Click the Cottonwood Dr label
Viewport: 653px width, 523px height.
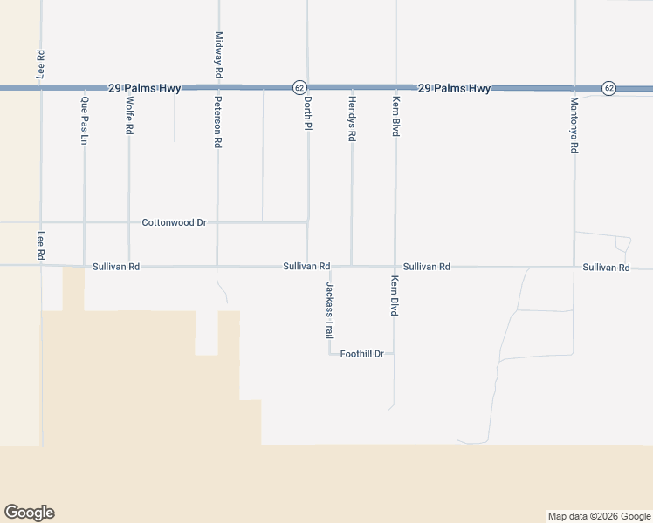(x=174, y=223)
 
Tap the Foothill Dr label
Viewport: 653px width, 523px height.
(x=362, y=354)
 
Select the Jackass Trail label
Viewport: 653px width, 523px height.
(x=330, y=310)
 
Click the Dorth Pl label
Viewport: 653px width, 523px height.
(x=307, y=114)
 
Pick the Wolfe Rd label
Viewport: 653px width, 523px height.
(x=129, y=115)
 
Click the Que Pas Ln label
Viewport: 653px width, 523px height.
(x=84, y=121)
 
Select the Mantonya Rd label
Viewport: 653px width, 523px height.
(x=574, y=125)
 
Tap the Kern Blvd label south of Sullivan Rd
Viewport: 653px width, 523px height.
(x=395, y=296)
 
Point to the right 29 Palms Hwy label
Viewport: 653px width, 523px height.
(x=454, y=88)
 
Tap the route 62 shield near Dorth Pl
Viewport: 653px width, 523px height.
(x=299, y=88)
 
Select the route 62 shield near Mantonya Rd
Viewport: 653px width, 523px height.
(x=608, y=88)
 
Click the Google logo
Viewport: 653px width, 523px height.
(x=29, y=513)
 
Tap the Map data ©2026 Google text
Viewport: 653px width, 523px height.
(x=598, y=516)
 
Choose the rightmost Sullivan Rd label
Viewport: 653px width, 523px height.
(x=606, y=267)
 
